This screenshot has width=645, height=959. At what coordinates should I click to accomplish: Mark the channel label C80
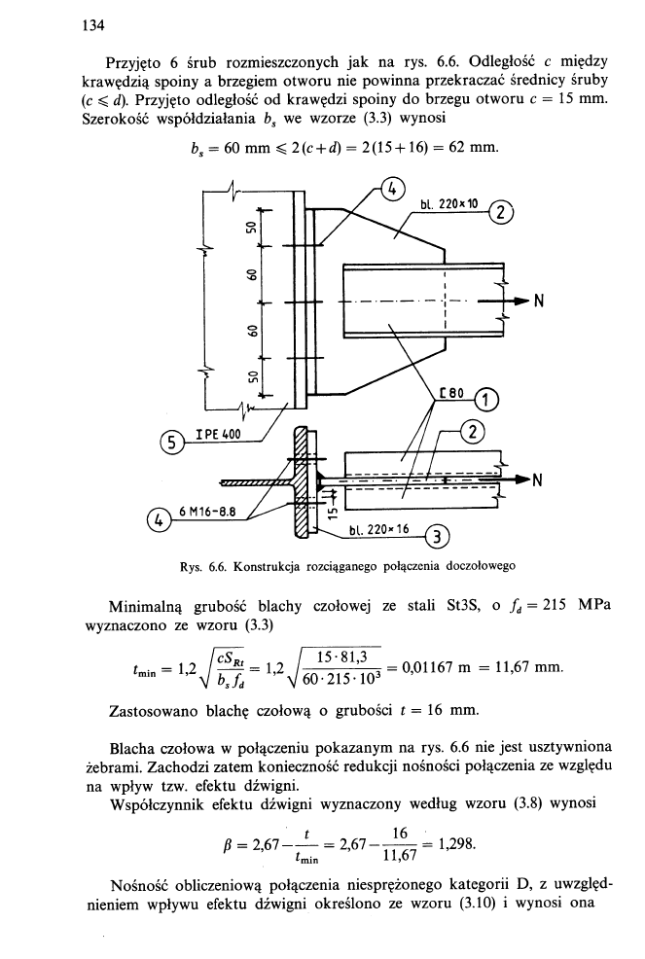tap(453, 394)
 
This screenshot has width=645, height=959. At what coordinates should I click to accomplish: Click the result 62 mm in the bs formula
tap(476, 150)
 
